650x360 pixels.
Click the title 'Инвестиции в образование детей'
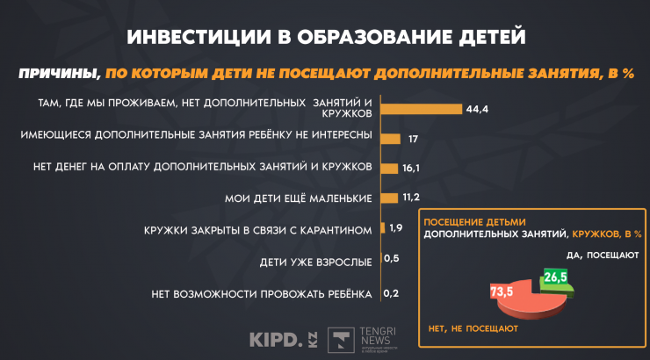coord(325,38)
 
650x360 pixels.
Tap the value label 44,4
coord(478,109)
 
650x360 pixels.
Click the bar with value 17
coord(391,138)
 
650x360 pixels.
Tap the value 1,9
coord(395,228)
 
